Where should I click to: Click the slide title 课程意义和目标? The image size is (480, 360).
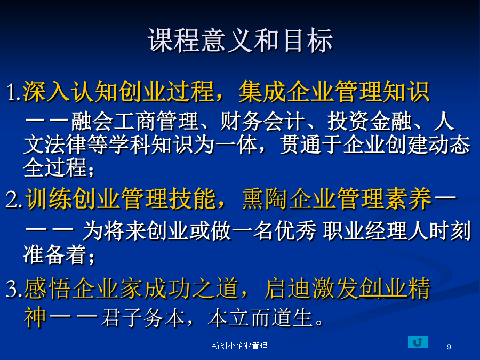(241, 41)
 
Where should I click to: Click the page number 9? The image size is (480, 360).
(449, 347)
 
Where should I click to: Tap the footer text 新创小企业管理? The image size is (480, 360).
(239, 346)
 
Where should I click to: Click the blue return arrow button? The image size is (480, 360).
(418, 342)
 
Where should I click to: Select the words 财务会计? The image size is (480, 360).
(262, 122)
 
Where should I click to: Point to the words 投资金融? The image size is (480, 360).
(370, 122)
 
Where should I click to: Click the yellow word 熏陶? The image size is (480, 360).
(266, 199)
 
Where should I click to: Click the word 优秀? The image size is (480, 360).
(295, 231)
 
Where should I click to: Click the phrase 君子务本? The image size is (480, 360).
(143, 318)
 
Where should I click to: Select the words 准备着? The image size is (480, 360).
(55, 254)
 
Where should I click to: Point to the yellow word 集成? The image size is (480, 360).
(262, 92)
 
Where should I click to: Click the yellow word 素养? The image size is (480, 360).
(408, 199)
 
